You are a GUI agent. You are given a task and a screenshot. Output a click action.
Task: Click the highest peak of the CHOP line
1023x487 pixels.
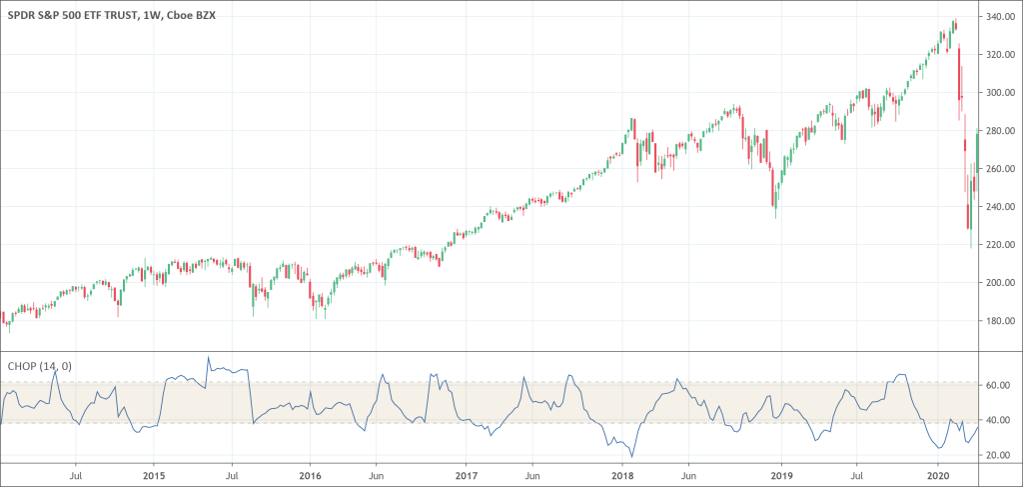coord(209,357)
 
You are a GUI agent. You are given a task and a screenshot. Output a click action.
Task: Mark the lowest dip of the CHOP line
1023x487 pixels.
coord(631,457)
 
